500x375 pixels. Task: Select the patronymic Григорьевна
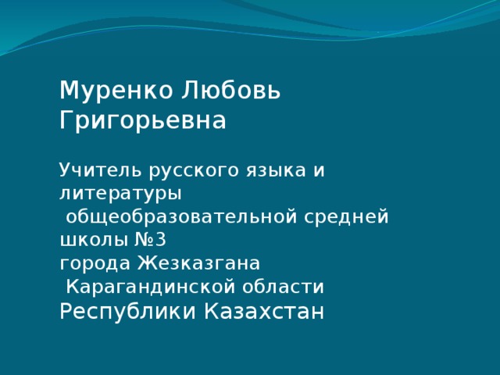143,122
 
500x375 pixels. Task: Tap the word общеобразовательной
180,216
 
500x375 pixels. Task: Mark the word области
294,287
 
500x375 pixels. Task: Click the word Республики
128,312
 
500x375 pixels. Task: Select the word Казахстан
263,312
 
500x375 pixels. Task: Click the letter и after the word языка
319,170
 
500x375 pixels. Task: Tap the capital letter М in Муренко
69,91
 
